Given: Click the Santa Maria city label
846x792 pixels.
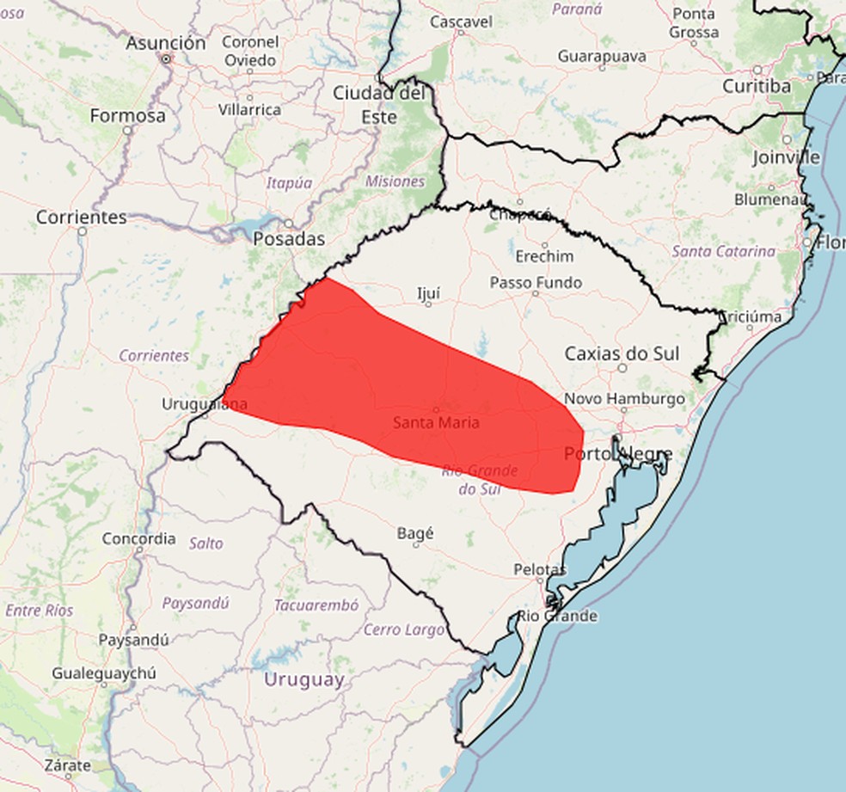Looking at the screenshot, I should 436,422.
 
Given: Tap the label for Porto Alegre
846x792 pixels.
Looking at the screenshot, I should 618,453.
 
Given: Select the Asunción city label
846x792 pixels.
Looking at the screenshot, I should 166,43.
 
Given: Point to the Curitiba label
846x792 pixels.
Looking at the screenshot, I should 756,86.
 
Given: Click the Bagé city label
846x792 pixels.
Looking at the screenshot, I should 415,533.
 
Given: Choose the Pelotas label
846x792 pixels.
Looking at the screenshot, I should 540,569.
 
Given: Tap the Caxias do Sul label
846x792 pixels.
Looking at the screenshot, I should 622,353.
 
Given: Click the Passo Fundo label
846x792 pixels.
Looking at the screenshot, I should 536,282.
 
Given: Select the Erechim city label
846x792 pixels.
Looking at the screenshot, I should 544,256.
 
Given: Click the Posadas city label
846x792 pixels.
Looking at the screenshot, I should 289,239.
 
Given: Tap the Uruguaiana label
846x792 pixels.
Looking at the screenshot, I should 205,403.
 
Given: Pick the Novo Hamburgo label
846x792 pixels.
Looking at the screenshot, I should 624,399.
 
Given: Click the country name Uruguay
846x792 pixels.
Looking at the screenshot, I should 303,679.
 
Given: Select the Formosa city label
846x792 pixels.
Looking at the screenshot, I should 127,115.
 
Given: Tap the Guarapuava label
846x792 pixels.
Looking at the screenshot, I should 601,56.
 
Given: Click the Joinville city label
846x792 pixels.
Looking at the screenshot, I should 786,158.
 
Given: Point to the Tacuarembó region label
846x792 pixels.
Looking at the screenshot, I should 316,605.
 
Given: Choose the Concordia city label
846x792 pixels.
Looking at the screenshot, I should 138,539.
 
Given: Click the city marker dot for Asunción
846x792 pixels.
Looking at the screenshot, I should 166,59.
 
